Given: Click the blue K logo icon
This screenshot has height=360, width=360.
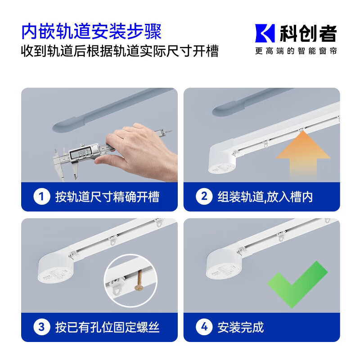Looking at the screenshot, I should pos(265,33).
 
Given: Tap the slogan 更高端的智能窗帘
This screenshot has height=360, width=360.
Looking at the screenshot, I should pos(296,51).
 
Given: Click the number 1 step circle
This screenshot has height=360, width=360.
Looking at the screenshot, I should pos(42,197).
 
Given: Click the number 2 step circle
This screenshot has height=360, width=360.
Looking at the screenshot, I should pos(204,197).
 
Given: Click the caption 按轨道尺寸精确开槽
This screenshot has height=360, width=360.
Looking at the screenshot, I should pos(107,197).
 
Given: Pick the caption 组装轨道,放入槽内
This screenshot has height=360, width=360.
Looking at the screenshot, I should pos(265,197).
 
